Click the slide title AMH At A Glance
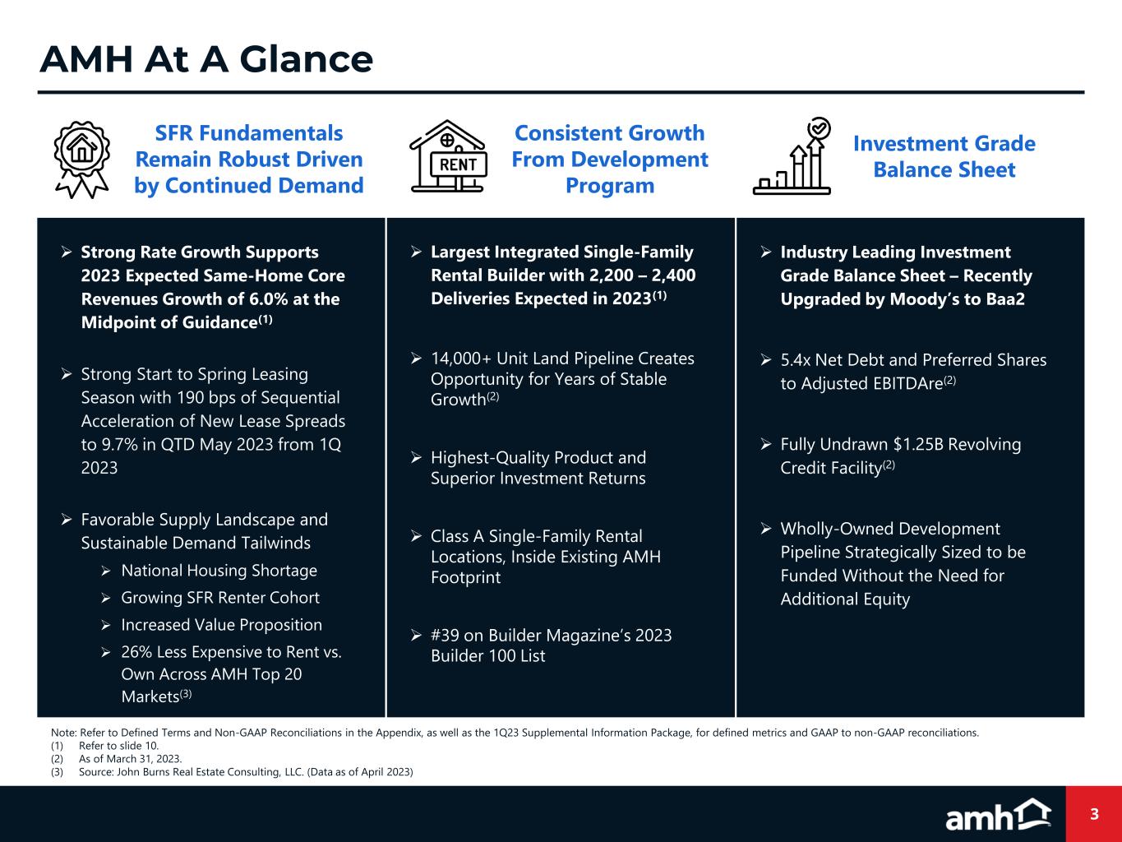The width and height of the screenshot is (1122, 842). [206, 59]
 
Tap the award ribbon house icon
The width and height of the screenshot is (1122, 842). [81, 160]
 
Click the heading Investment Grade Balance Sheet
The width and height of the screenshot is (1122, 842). [944, 156]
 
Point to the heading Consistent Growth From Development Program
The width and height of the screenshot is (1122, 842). [609, 159]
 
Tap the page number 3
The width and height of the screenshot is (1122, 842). [1094, 815]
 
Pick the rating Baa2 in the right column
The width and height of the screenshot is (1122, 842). [1002, 298]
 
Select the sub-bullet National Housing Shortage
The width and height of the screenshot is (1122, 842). [219, 571]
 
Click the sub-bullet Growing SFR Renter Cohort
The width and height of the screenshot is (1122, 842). [220, 598]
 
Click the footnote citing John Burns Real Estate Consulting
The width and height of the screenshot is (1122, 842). [246, 771]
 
